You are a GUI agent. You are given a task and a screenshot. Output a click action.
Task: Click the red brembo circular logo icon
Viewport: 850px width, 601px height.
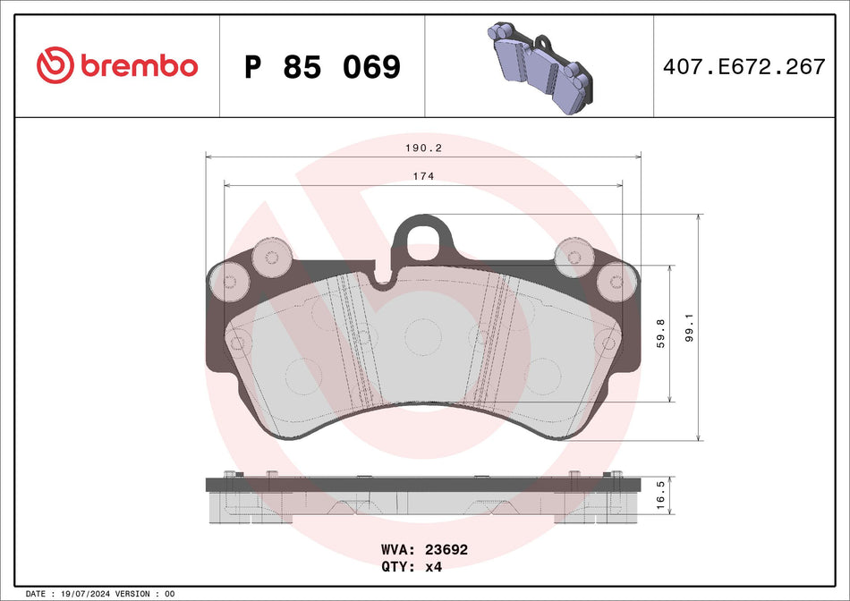point(55,65)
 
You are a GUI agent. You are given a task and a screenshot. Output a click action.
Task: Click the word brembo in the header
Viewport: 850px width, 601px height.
point(139,66)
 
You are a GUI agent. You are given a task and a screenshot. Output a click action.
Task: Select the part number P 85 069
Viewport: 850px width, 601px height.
point(322,66)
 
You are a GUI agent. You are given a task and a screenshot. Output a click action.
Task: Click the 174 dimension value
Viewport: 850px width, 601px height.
point(423,176)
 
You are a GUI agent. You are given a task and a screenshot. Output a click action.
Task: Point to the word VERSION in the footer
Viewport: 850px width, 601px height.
point(135,594)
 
